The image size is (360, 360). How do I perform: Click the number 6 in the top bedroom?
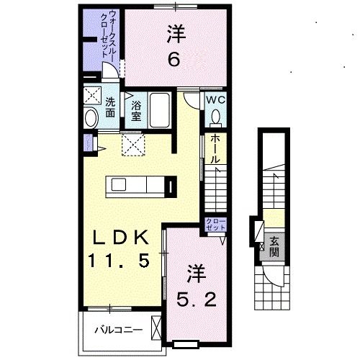click(174, 60)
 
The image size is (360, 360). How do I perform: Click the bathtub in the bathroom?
click(158, 109)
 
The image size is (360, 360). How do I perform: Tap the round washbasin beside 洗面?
click(91, 118)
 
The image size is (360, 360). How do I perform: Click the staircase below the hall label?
click(215, 190)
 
